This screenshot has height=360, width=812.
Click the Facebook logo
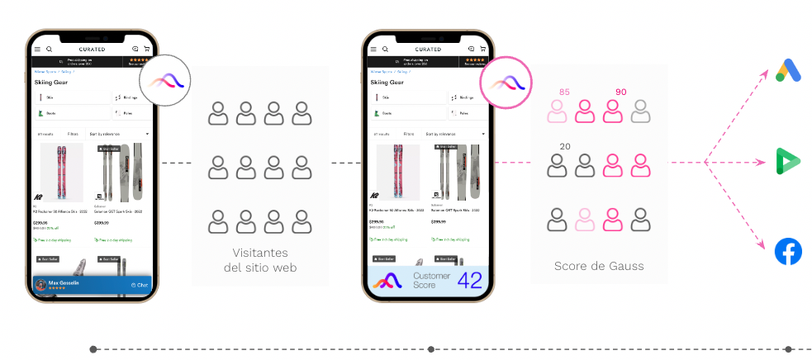point(788,251)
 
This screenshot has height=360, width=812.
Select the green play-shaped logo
point(788,161)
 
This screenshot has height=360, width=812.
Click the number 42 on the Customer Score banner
point(468,280)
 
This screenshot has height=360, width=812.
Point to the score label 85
point(564,92)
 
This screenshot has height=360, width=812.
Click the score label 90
point(620,92)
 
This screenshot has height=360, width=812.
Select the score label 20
point(564,146)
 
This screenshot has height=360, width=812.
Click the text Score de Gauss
point(598,267)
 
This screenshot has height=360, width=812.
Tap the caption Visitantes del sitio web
point(260,260)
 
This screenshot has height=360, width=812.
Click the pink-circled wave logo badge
point(503,82)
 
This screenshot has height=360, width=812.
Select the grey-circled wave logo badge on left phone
point(165,81)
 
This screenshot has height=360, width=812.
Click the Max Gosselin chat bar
point(91,285)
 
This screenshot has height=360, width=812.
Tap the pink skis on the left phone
point(62,173)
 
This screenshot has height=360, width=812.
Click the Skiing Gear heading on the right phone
point(389,83)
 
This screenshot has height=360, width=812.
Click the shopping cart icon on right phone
point(483,49)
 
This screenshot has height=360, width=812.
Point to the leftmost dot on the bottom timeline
point(93,349)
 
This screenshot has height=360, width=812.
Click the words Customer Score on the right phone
point(430,281)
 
